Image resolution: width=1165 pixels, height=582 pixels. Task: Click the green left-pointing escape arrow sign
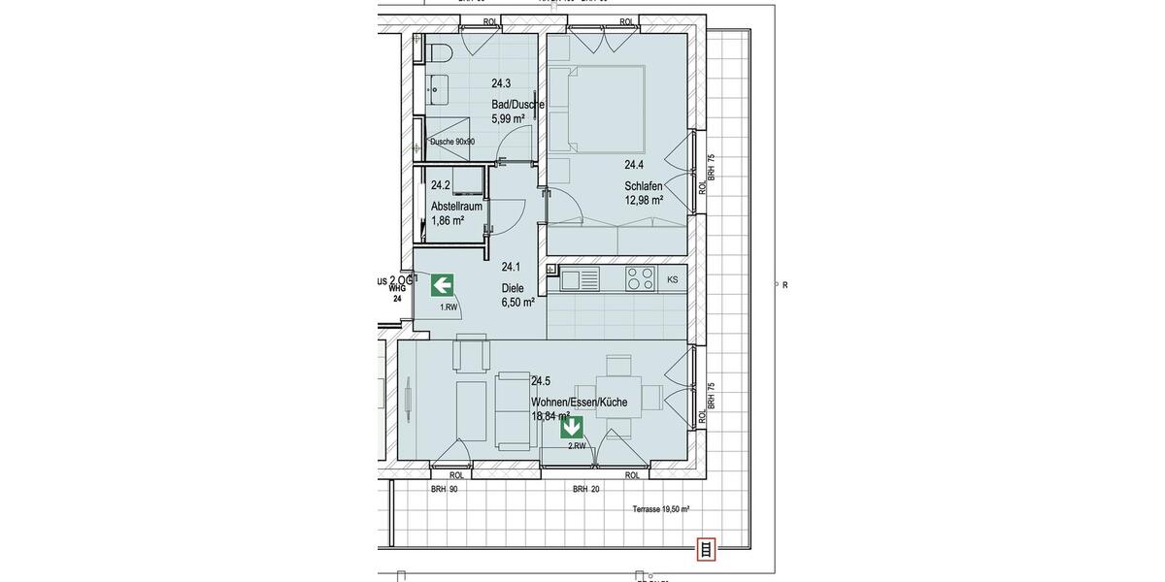click(x=442, y=285)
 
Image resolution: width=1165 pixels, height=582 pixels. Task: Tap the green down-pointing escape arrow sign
click(x=572, y=427)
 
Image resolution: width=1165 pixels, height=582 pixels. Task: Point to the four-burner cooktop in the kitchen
click(x=639, y=278)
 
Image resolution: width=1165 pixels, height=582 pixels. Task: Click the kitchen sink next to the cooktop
click(x=578, y=279)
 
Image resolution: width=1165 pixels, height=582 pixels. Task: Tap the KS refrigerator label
click(x=672, y=280)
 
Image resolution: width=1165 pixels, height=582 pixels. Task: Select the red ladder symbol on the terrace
click(x=706, y=550)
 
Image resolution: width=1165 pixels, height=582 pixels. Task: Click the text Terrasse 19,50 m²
click(x=660, y=509)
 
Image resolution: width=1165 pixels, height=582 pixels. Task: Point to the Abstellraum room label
click(x=456, y=206)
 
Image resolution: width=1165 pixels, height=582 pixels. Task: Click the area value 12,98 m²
click(x=644, y=201)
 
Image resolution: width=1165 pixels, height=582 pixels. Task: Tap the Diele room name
click(x=513, y=288)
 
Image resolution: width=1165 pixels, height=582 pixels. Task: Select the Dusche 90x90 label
click(x=452, y=142)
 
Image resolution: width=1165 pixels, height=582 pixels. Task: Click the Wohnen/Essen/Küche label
click(x=579, y=402)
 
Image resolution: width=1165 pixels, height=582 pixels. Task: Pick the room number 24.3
click(x=501, y=83)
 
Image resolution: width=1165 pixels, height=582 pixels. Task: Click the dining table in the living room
click(x=617, y=396)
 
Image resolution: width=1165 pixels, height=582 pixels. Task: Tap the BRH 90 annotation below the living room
click(x=444, y=490)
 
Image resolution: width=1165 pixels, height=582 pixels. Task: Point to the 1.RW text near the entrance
click(x=449, y=307)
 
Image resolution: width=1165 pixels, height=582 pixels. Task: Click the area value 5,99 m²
click(x=508, y=118)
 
